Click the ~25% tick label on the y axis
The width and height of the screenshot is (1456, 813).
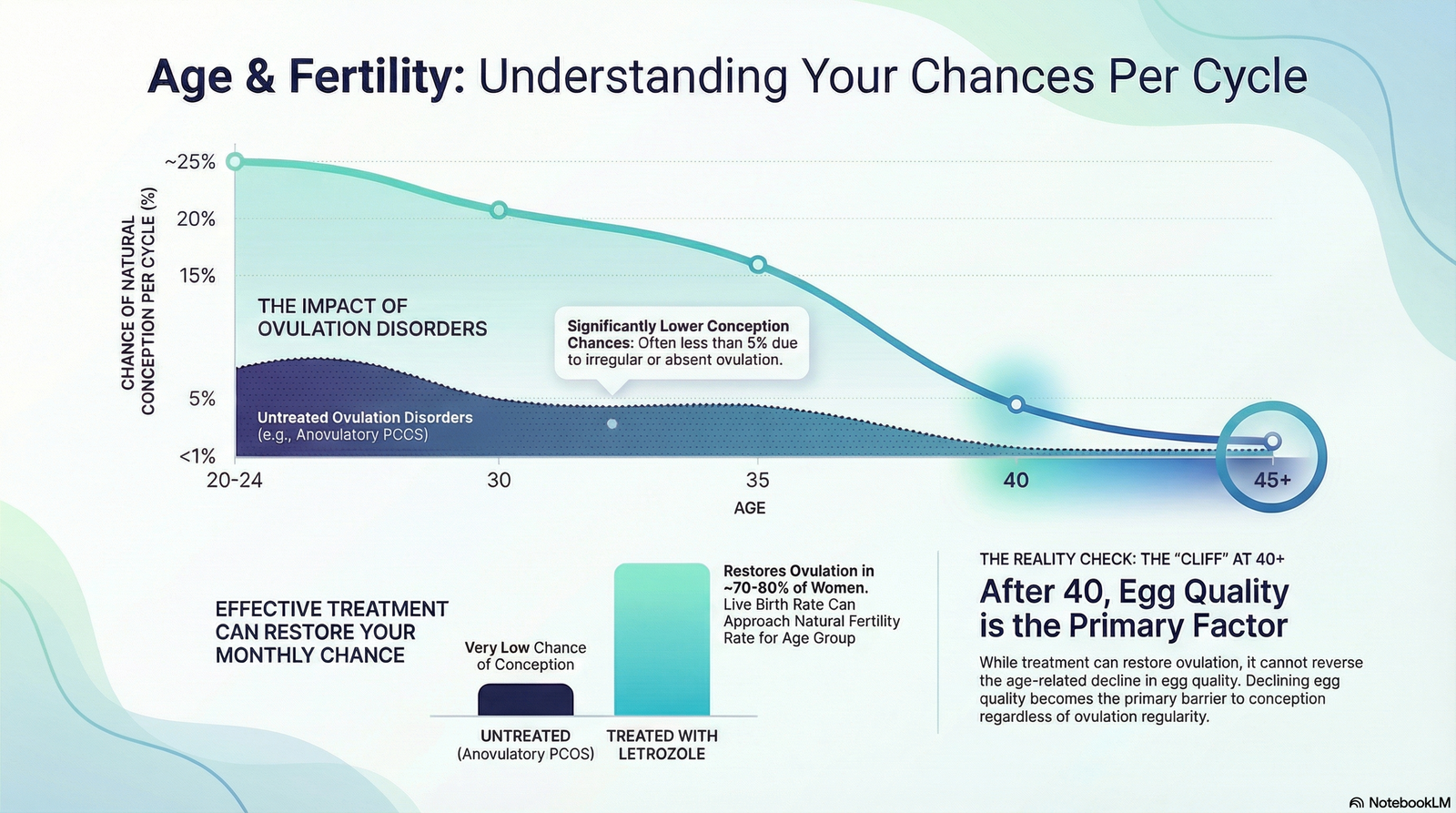pyautogui.click(x=190, y=161)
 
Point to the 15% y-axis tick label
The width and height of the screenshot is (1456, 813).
pyautogui.click(x=197, y=276)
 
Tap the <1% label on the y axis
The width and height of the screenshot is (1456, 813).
pyautogui.click(x=197, y=457)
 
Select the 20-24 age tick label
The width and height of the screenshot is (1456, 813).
pyautogui.click(x=235, y=480)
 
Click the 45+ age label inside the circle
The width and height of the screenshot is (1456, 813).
pyautogui.click(x=1272, y=480)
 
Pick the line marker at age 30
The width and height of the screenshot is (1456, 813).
pyautogui.click(x=499, y=210)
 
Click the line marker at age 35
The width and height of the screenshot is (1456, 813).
pyautogui.click(x=757, y=265)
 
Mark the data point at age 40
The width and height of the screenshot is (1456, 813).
pyautogui.click(x=1016, y=404)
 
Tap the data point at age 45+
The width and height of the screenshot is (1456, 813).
pyautogui.click(x=1273, y=442)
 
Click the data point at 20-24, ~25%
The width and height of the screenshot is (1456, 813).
pyautogui.click(x=236, y=161)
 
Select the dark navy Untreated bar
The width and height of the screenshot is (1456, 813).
pyautogui.click(x=525, y=700)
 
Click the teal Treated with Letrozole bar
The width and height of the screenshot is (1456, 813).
pyautogui.click(x=662, y=639)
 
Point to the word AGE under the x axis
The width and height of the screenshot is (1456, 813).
pyautogui.click(x=750, y=508)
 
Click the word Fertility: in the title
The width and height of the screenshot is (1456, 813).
pyautogui.click(x=378, y=76)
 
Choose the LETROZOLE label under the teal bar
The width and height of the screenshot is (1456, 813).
pyautogui.click(x=662, y=754)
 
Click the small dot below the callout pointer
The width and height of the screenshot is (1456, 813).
pyautogui.click(x=612, y=424)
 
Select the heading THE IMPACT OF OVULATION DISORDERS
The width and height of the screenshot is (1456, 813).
pyautogui.click(x=372, y=318)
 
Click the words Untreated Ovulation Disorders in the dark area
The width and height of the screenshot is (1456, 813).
pyautogui.click(x=365, y=418)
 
